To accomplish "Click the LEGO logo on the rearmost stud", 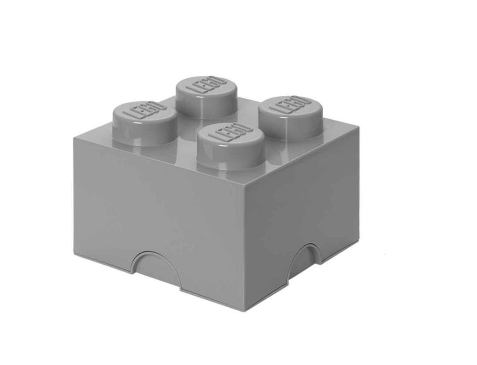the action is [207, 85].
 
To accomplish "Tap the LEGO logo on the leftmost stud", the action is [144, 110].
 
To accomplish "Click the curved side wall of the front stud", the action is [230, 155].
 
